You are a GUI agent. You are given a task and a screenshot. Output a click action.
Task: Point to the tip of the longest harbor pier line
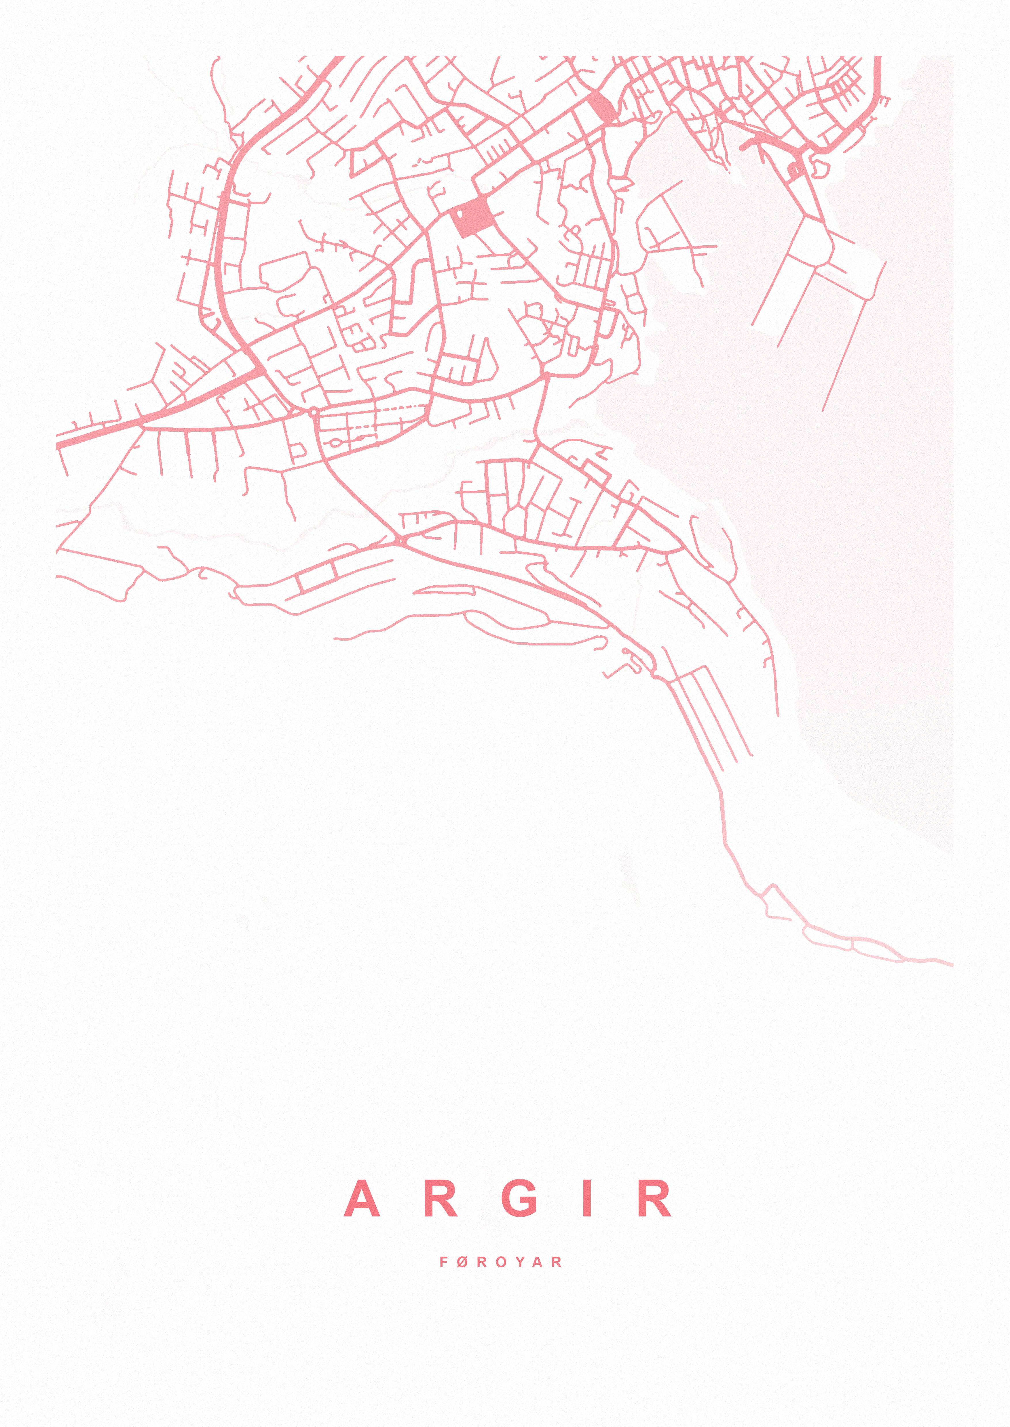(x=823, y=410)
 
